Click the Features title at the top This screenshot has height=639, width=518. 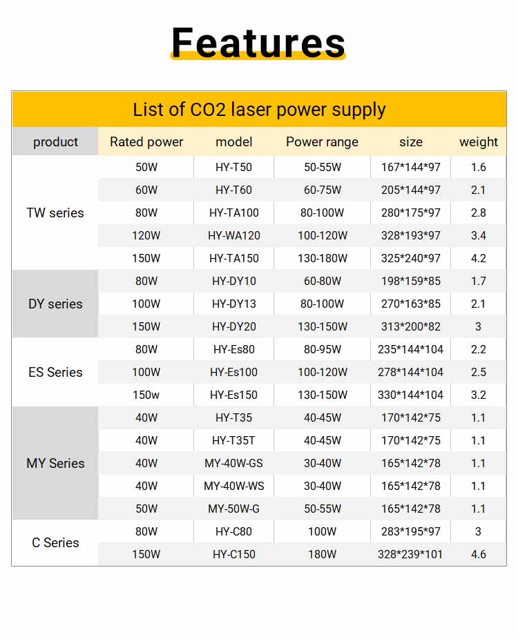click(x=258, y=42)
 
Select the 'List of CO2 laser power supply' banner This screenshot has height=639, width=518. click(x=259, y=110)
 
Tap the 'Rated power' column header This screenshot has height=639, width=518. click(x=146, y=142)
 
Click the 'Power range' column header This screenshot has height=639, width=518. click(x=322, y=142)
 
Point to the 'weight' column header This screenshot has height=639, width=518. click(x=478, y=142)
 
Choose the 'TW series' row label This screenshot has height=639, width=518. click(x=55, y=213)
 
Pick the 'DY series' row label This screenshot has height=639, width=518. click(x=55, y=304)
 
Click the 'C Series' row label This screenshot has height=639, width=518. click(x=55, y=543)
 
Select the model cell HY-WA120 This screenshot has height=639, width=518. click(x=234, y=236)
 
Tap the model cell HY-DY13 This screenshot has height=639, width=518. click(x=234, y=304)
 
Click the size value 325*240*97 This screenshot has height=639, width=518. click(x=411, y=259)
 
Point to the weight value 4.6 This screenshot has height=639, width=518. click(x=478, y=555)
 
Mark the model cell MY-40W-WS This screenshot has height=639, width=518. click(x=234, y=486)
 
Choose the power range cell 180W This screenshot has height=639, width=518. click(x=323, y=555)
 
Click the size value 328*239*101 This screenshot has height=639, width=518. click(x=411, y=555)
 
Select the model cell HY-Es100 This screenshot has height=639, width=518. click(x=234, y=373)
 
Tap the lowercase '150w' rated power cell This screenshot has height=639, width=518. click(x=146, y=395)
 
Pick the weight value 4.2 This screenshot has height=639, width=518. click(x=478, y=259)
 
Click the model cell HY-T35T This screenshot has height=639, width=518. click(x=234, y=441)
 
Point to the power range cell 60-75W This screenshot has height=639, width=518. click(x=323, y=190)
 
